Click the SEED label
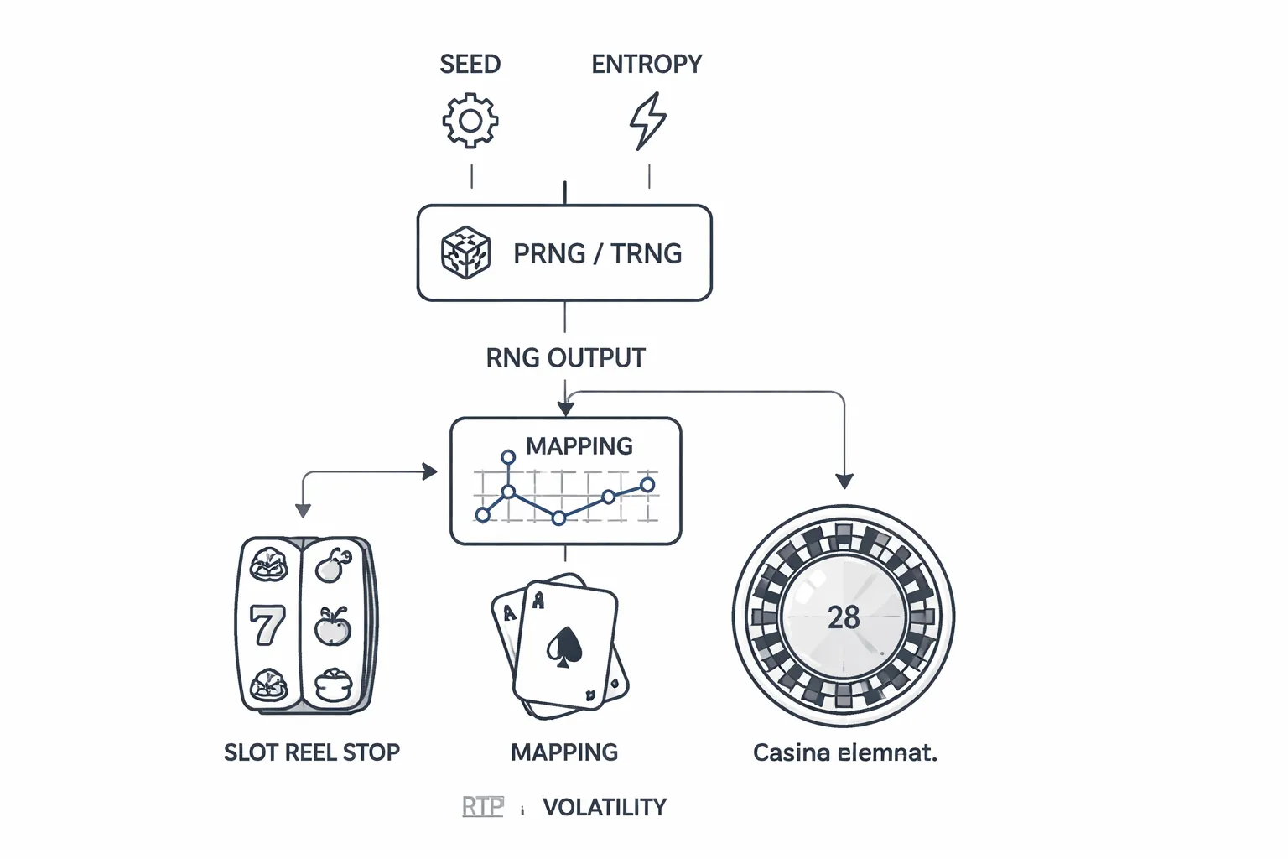pos(470,65)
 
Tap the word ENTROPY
pos(647,65)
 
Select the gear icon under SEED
pos(470,121)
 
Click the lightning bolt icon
pos(647,121)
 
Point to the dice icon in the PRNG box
pos(465,252)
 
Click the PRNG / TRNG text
pos(597,253)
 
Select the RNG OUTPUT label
pos(565,358)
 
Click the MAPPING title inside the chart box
pos(579,446)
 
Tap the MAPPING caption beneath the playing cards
pos(564,752)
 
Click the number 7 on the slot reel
pos(267,626)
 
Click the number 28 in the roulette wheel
pos(844,618)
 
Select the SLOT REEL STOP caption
pos(312,752)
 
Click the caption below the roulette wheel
pos(844,752)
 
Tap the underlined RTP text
pos(483,807)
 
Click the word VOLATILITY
pos(605,807)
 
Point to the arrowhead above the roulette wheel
pos(844,481)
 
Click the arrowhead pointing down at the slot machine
pos(304,510)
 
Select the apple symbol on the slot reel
pos(333,626)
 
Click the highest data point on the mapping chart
pos(508,457)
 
